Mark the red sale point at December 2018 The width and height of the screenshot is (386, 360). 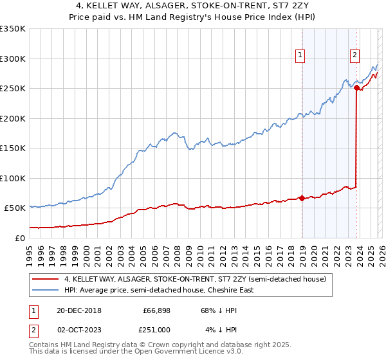[x=302, y=198]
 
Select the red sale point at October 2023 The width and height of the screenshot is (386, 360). [x=356, y=88]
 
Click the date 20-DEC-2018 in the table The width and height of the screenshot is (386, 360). [x=78, y=310]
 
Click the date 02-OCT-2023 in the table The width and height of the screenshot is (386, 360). [x=78, y=330]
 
